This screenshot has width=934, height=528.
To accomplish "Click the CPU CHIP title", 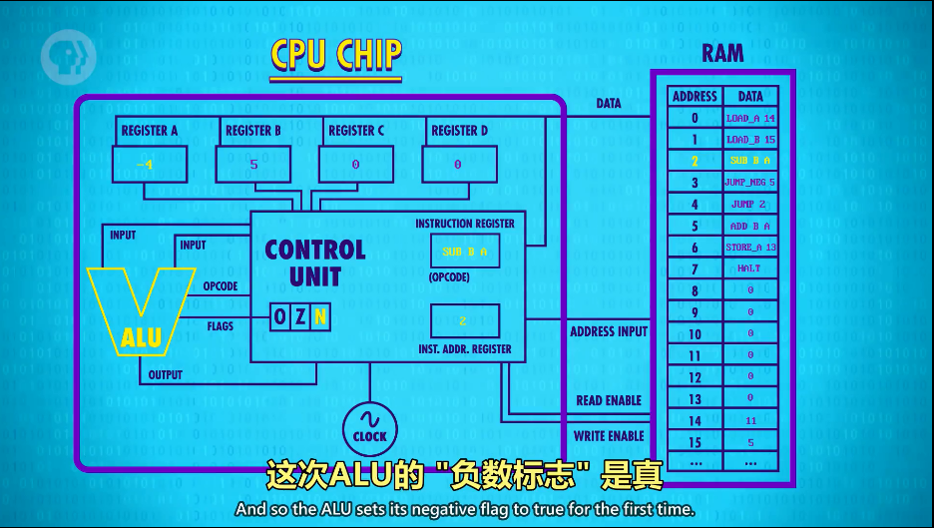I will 335,57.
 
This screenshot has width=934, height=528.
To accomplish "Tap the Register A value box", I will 150,164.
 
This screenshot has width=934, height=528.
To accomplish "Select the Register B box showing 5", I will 253,164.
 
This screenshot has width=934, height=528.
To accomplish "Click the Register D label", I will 459,131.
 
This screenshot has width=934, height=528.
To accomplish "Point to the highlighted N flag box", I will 319,317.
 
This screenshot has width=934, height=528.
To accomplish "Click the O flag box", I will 280,317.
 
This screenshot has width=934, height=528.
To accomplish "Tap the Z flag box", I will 300,317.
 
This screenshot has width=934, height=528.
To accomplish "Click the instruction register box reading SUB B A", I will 464,252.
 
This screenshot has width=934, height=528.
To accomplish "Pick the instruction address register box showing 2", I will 464,320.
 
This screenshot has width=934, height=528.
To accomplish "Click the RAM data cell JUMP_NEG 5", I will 750,183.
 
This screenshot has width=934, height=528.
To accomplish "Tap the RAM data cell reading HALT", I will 750,268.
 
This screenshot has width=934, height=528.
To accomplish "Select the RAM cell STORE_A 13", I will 750,248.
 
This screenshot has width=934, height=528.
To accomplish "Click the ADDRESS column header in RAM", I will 695,97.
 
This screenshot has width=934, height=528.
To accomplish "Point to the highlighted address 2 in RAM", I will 695,161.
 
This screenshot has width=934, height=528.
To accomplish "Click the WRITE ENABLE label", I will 609,436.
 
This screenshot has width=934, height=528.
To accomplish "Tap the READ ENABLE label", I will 609,400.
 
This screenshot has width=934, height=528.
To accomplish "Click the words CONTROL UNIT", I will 315,263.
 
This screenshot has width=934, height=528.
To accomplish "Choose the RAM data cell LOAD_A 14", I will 750,118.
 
